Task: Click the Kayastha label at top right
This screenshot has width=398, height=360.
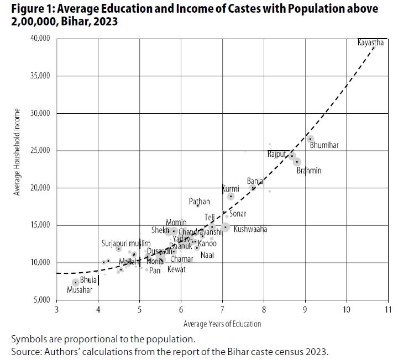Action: [370, 43]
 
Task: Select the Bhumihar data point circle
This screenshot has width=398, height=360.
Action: [310, 139]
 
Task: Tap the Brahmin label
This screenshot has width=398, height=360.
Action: [308, 171]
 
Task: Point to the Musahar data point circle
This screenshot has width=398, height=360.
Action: [76, 283]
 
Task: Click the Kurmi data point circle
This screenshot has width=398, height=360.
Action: [231, 197]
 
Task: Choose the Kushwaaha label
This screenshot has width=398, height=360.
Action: [250, 229]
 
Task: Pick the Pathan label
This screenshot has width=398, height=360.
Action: [200, 202]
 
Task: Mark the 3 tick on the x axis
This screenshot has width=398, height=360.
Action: [57, 310]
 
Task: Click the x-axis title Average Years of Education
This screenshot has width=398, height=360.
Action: [222, 324]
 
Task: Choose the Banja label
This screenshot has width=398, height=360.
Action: [255, 181]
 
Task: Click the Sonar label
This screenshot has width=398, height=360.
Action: [238, 214]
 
